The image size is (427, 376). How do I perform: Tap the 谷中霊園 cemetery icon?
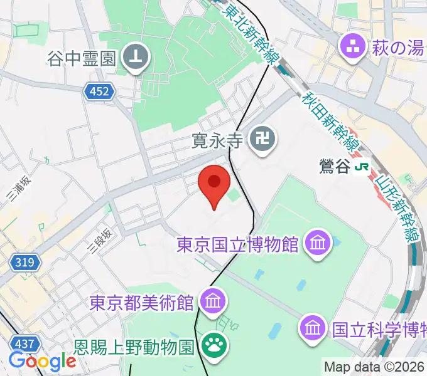click(x=137, y=58)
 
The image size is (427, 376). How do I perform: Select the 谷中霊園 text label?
click(x=82, y=58)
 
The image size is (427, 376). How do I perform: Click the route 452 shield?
click(x=98, y=92)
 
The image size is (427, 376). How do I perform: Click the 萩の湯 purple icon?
click(x=353, y=46)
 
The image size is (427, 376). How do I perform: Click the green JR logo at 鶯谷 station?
click(x=362, y=167)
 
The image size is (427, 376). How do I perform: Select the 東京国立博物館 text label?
click(x=237, y=243)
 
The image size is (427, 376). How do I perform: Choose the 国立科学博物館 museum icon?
click(x=312, y=326)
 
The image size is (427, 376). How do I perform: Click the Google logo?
click(x=42, y=361)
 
